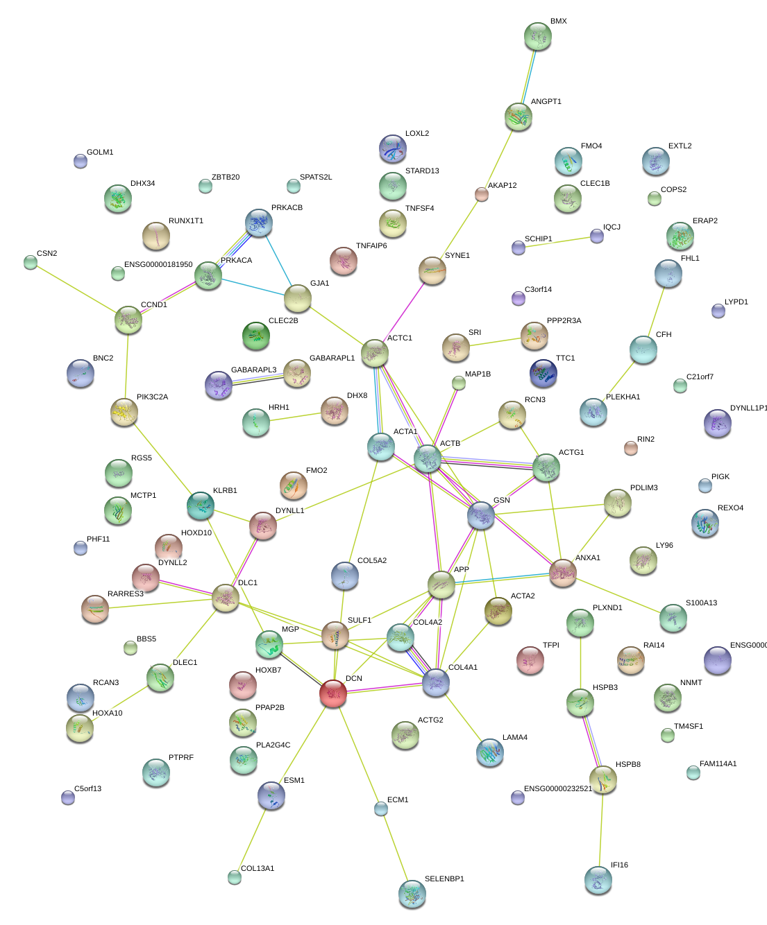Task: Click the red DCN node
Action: coord(333,693)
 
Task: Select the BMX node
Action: coord(537,36)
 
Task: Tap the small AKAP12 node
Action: coord(482,194)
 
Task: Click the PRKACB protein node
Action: coord(259,223)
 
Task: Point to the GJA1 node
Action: coord(297,298)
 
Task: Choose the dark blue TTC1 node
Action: coord(543,373)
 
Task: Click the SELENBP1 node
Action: coord(412,894)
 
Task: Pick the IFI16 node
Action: coord(598,880)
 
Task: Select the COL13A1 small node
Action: coord(235,877)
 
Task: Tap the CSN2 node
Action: coord(31,262)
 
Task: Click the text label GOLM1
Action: coord(100,153)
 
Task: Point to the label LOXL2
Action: coord(417,134)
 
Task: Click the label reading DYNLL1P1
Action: coord(748,408)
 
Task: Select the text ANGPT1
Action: coord(546,102)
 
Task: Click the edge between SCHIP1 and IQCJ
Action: coord(557,242)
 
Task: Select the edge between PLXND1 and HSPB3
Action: coord(580,663)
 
